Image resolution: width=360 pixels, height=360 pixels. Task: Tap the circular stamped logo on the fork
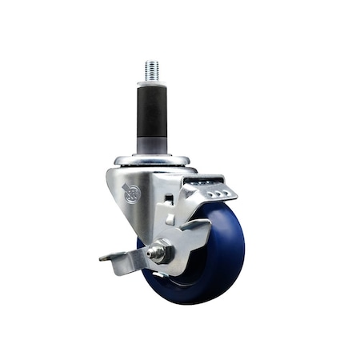pos(132,193)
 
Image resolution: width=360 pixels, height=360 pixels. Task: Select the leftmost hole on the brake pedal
pos(202,193)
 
